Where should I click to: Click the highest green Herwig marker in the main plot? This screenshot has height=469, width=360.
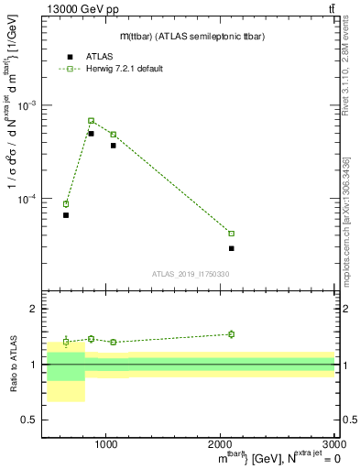[91, 121]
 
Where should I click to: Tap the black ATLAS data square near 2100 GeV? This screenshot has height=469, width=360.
[231, 248]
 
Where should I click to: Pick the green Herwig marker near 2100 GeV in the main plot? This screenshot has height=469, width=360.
[231, 234]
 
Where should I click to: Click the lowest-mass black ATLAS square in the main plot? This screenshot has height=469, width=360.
[66, 215]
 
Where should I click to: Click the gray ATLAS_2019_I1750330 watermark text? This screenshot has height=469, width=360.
[191, 274]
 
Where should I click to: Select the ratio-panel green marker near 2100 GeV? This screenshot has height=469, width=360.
[231, 334]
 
